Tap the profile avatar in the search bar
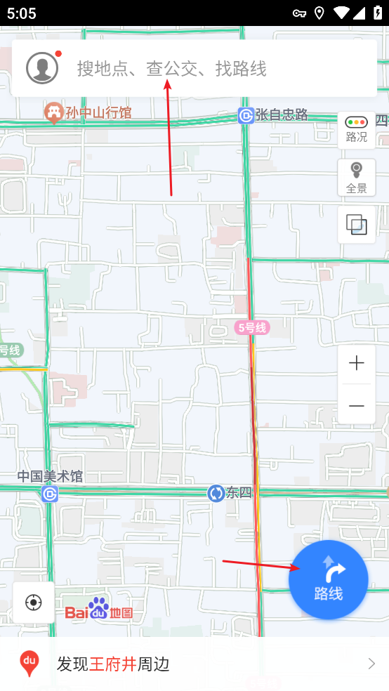pyautogui.click(x=42, y=67)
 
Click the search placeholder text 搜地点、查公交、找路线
pyautogui.click(x=171, y=68)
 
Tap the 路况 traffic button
pyautogui.click(x=356, y=129)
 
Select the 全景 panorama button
pyautogui.click(x=356, y=177)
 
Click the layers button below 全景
pyautogui.click(x=356, y=225)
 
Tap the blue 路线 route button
pyautogui.click(x=329, y=579)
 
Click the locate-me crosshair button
pyautogui.click(x=33, y=603)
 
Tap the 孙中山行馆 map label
pyautogui.click(x=98, y=112)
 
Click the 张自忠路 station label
pyautogui.click(x=282, y=114)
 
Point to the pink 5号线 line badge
pyautogui.click(x=251, y=327)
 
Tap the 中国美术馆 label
pyautogui.click(x=50, y=476)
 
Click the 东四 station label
pyautogui.click(x=239, y=493)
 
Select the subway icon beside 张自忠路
pyautogui.click(x=246, y=115)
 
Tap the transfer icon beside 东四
pyautogui.click(x=216, y=493)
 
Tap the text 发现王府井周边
pyautogui.click(x=113, y=664)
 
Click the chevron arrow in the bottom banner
pyautogui.click(x=371, y=664)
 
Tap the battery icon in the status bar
pyautogui.click(x=377, y=13)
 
